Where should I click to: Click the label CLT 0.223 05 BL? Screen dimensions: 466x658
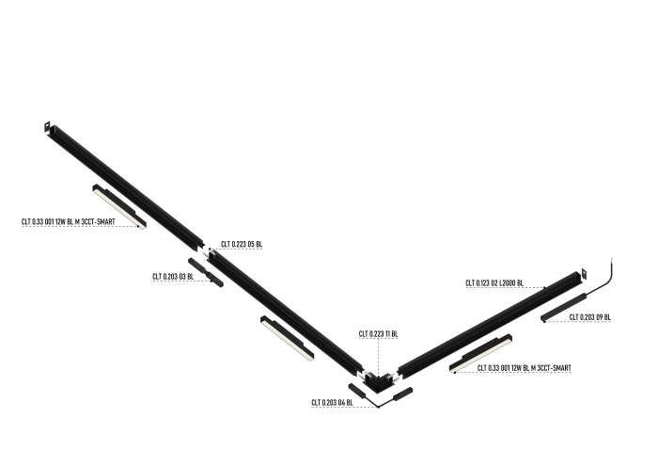242,245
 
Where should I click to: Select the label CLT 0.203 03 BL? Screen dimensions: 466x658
173,277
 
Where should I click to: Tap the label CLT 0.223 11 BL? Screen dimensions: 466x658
378,334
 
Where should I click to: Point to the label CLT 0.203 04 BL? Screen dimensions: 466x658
332,403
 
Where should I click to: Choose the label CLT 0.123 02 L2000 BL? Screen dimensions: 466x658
493,282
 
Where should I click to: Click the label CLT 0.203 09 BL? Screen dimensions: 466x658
590,317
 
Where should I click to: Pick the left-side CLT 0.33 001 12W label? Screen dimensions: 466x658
68,222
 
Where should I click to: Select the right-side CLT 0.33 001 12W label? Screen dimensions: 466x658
524,367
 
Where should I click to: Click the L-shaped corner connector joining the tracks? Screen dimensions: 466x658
381,380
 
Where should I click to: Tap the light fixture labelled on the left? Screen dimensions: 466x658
119,206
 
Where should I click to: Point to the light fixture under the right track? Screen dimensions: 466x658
480,352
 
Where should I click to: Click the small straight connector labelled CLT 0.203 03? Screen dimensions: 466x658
205,273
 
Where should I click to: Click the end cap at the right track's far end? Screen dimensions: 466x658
576,275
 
